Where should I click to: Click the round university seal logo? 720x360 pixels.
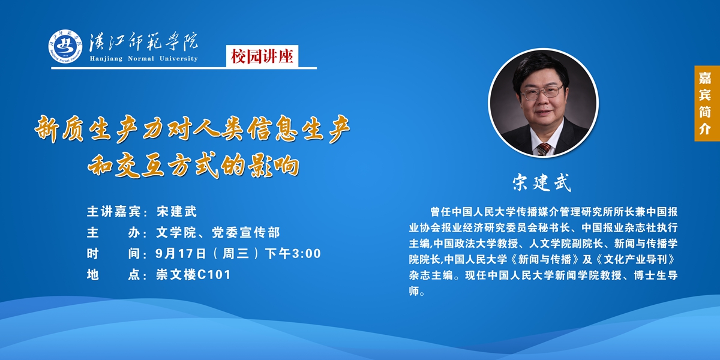pyautogui.click(x=65, y=46)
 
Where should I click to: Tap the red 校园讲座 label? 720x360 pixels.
pyautogui.click(x=262, y=56)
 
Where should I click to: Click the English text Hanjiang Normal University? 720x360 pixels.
pyautogui.click(x=143, y=59)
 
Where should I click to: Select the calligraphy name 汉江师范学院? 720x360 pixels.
pyautogui.click(x=143, y=42)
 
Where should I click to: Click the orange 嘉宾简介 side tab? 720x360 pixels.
pyautogui.click(x=707, y=103)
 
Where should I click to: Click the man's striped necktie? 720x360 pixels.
pyautogui.click(x=544, y=149)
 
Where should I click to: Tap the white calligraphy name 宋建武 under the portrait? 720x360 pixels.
pyautogui.click(x=542, y=183)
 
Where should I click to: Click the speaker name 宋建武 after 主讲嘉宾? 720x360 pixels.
pyautogui.click(x=176, y=211)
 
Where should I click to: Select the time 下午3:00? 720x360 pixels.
pyautogui.click(x=293, y=254)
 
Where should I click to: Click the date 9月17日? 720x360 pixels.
pyautogui.click(x=181, y=254)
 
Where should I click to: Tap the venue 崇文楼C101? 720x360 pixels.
pyautogui.click(x=193, y=275)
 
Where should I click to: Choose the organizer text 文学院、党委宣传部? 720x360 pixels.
pyautogui.click(x=218, y=232)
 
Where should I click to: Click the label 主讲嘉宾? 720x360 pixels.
pyautogui.click(x=113, y=211)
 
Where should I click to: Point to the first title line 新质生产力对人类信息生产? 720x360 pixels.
pyautogui.click(x=192, y=129)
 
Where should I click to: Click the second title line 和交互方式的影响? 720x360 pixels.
pyautogui.click(x=193, y=166)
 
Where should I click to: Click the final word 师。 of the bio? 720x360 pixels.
pyautogui.click(x=417, y=291)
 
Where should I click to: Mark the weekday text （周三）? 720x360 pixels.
pyautogui.click(x=236, y=254)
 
